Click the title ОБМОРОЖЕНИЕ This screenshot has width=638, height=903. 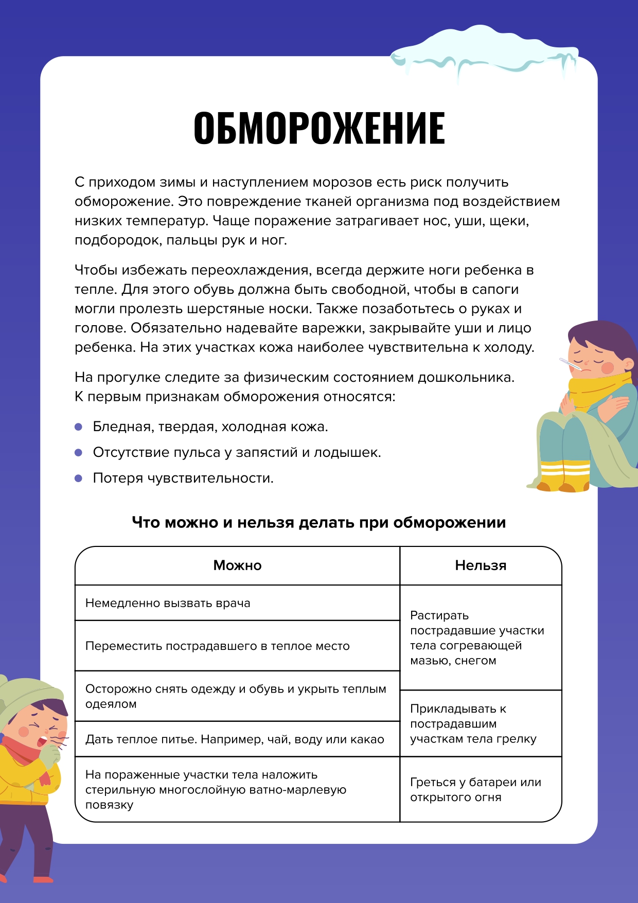319,128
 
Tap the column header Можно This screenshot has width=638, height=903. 237,565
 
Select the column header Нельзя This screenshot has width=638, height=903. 481,565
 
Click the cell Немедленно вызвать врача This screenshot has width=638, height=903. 168,603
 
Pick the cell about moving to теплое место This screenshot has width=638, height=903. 217,646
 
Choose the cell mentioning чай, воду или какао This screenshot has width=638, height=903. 235,739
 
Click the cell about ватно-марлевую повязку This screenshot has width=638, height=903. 216,789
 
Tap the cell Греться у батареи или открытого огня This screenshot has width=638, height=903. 475,789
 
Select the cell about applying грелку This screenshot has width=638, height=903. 473,723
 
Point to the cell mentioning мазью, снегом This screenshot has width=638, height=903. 476,638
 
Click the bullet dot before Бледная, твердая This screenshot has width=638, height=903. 79,427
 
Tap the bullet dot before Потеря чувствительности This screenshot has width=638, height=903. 79,479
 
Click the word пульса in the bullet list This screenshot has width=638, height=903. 197,453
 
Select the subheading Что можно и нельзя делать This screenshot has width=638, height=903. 319,523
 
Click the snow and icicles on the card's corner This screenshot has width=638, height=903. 484,51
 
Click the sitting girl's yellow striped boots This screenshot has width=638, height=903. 564,476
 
